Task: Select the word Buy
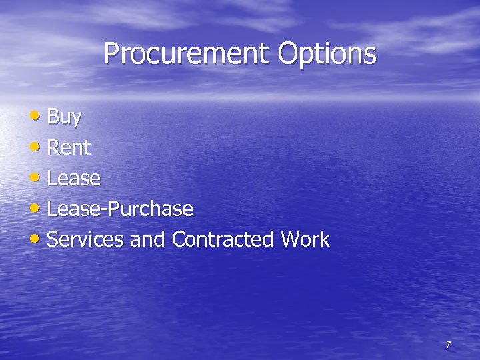65,118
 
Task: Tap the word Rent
69,147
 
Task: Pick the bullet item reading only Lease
74,178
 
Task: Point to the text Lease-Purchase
121,209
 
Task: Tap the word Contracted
223,239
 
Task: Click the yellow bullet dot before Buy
35,115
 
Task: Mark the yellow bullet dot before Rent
35,146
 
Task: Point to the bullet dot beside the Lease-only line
35,177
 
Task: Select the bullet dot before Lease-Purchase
35,207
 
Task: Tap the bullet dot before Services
35,238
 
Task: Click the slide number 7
448,345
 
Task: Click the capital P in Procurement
111,53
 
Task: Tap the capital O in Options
289,53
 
